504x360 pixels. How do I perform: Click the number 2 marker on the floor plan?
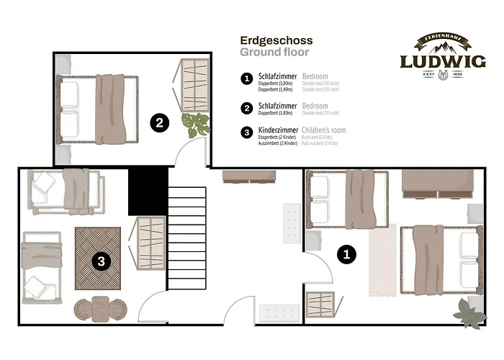click(x=160, y=122)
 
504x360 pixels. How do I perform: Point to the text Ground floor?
click(x=274, y=53)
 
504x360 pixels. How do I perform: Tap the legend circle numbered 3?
click(x=247, y=131)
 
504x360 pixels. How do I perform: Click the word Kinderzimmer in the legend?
click(x=278, y=130)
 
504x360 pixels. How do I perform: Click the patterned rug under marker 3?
click(x=98, y=258)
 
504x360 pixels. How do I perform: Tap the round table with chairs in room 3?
click(x=101, y=308)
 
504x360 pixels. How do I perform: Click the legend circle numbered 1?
click(x=247, y=77)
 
